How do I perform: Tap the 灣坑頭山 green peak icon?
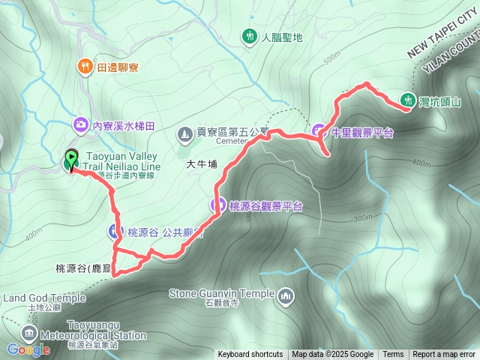click(409, 99)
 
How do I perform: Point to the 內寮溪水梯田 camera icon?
click(79, 124)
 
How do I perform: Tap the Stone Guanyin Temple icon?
click(285, 297)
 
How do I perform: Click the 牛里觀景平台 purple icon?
click(319, 131)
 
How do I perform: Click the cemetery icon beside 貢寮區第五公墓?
click(184, 133)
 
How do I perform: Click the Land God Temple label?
click(44, 298)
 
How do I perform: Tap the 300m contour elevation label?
click(361, 217)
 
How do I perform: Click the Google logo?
click(28, 349)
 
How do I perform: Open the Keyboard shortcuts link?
click(250, 355)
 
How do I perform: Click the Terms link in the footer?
click(393, 355)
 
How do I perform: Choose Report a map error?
click(444, 355)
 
